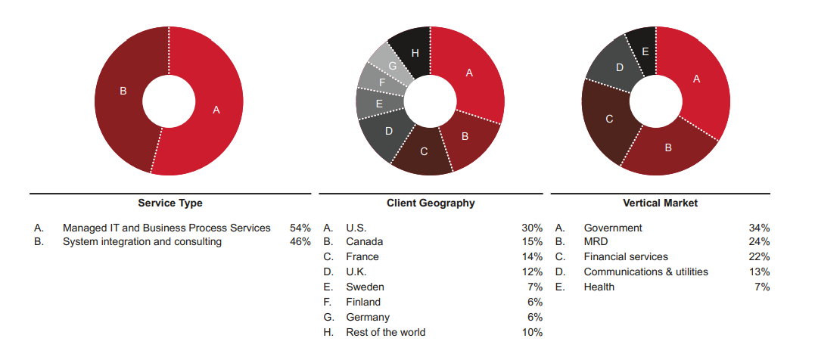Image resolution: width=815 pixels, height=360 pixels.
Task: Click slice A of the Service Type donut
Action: pyautogui.click(x=216, y=110)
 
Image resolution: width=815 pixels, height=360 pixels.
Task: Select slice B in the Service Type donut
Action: pyautogui.click(x=123, y=91)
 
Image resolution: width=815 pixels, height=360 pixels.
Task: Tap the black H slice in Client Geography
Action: pyautogui.click(x=415, y=53)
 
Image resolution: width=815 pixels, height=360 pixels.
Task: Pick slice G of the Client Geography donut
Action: pyautogui.click(x=393, y=67)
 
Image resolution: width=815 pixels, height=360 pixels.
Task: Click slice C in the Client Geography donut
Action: pyautogui.click(x=423, y=151)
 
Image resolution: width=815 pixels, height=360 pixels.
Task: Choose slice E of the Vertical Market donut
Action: pyautogui.click(x=644, y=51)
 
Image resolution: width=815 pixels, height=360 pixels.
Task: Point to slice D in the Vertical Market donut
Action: pyautogui.click(x=619, y=68)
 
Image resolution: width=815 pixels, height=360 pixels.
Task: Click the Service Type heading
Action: pyautogui.click(x=170, y=203)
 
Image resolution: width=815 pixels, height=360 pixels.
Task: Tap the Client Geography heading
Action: pyautogui.click(x=431, y=203)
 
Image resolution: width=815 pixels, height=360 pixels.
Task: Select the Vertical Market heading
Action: pyautogui.click(x=660, y=203)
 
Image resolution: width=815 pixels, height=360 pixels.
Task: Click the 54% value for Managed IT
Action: pyautogui.click(x=300, y=228)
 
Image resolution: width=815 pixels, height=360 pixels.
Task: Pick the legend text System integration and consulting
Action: pyautogui.click(x=142, y=242)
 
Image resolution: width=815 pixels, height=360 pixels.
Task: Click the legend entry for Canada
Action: pyautogui.click(x=365, y=242)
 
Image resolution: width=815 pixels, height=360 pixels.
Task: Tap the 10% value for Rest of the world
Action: pyautogui.click(x=532, y=332)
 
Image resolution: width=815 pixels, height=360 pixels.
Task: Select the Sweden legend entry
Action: pyautogui.click(x=365, y=287)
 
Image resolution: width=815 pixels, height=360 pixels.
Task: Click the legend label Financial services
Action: pyautogui.click(x=626, y=257)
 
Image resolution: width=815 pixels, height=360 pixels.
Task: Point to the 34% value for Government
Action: pyautogui.click(x=759, y=228)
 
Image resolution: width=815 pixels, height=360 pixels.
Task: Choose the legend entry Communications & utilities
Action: pyautogui.click(x=645, y=272)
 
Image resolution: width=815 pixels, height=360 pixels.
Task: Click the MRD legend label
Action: pyautogui.click(x=596, y=242)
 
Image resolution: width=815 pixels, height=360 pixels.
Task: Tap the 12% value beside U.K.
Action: pyautogui.click(x=532, y=272)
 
